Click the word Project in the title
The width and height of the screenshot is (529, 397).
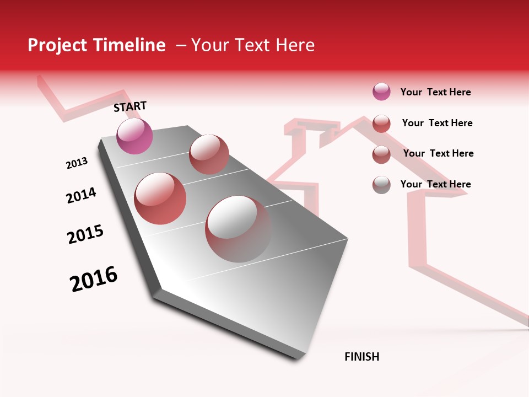(x=55, y=45)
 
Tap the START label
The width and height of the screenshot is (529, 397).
(x=130, y=106)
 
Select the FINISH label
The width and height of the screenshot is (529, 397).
(x=362, y=357)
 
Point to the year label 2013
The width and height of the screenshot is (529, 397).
(x=77, y=163)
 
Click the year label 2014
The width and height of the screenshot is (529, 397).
(x=81, y=195)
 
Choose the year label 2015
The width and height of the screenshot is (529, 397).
(x=85, y=234)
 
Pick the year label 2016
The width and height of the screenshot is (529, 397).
(x=94, y=278)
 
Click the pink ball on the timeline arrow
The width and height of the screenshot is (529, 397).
(x=135, y=136)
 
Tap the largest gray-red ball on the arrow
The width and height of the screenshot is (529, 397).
(x=238, y=228)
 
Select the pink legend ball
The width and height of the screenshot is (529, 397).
(x=381, y=92)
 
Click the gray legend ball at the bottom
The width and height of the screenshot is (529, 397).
(x=381, y=185)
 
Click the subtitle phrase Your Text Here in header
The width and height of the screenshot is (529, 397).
(x=252, y=45)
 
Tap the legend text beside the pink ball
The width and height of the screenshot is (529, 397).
(x=435, y=92)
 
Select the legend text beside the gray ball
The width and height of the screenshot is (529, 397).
(x=435, y=184)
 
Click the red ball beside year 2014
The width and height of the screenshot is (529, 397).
(x=160, y=198)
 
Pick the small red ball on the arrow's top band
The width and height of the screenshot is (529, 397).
(x=209, y=154)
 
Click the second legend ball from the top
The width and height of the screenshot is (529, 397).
(x=381, y=124)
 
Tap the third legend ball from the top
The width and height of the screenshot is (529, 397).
(x=381, y=154)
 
